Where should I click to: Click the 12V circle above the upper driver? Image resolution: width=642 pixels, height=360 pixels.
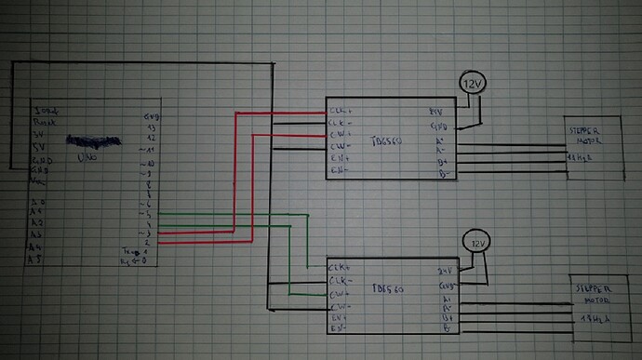[x=473, y=85]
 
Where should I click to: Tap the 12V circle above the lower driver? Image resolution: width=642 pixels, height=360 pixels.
[x=478, y=244]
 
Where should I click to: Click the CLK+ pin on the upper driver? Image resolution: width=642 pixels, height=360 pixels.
[x=339, y=110]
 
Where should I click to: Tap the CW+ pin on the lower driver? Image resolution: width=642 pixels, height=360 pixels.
[x=339, y=292]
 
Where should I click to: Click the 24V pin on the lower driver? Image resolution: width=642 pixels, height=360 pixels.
[x=446, y=271]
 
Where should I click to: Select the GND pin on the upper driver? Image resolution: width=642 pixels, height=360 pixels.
[x=438, y=125]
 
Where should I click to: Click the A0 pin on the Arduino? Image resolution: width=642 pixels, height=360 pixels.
[x=36, y=201]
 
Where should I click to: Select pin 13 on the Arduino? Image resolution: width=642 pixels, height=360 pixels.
[x=149, y=127]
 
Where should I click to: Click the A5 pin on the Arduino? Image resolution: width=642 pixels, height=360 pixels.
[x=36, y=260]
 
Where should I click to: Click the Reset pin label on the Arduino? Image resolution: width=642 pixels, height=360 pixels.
[x=41, y=122]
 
